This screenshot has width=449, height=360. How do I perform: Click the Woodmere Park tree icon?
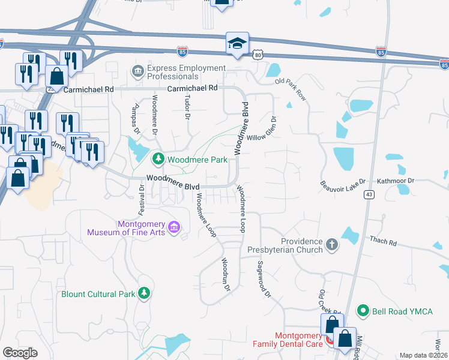158,159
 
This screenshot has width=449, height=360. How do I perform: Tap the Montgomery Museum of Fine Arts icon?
175,227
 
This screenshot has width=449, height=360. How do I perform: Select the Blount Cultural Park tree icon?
143,293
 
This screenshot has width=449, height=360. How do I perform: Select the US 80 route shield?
257,55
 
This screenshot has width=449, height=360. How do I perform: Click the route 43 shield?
369,194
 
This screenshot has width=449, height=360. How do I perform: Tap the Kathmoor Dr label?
396,180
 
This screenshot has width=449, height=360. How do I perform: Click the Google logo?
20,352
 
